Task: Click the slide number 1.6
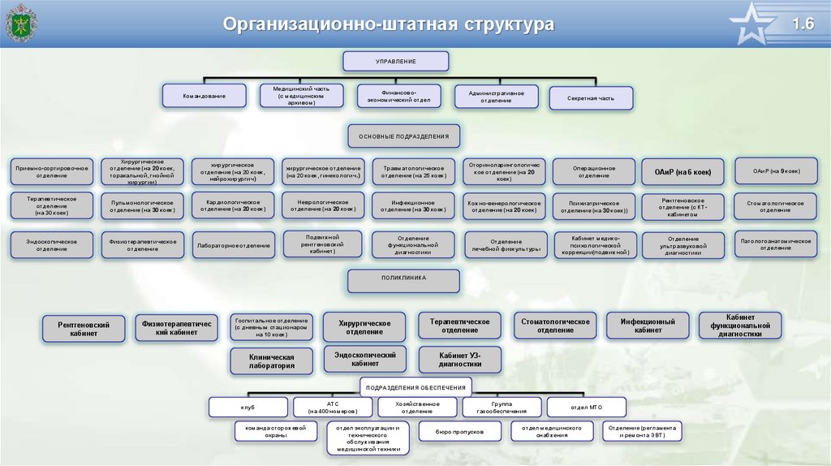click(x=803, y=24)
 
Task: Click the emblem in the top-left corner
click(x=19, y=23)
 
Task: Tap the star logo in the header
click(x=754, y=24)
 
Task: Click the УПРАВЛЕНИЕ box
click(x=395, y=62)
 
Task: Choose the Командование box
click(x=204, y=97)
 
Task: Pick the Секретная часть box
click(x=592, y=98)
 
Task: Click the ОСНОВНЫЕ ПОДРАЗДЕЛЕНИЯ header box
click(x=404, y=136)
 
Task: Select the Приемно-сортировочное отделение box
click(x=51, y=172)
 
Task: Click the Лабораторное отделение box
click(x=234, y=244)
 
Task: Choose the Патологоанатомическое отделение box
click(x=775, y=244)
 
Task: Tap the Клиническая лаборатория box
click(x=271, y=361)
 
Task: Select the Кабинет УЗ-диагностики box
click(x=459, y=360)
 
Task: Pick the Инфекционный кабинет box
click(x=648, y=326)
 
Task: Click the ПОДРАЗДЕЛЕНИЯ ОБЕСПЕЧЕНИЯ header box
click(x=416, y=387)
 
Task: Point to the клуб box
click(x=248, y=407)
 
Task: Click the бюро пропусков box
click(x=459, y=432)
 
